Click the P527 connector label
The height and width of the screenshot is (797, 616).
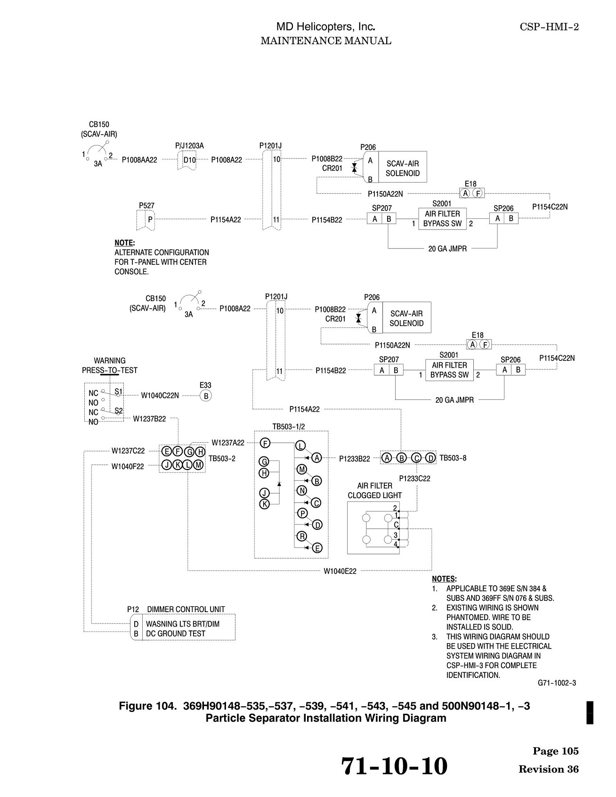click(x=146, y=206)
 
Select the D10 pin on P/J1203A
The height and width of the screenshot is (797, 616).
click(x=189, y=160)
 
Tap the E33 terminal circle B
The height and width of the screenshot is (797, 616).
click(x=206, y=396)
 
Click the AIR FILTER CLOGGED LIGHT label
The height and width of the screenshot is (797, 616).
click(x=375, y=490)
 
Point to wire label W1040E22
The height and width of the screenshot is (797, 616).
click(x=340, y=571)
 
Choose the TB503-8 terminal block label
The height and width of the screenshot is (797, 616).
click(x=453, y=458)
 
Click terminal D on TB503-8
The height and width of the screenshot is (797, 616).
click(x=430, y=458)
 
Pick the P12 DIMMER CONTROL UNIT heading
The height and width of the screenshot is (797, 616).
click(x=176, y=609)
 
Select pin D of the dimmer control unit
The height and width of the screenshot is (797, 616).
click(x=136, y=624)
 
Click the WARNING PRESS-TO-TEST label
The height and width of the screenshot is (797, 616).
click(x=110, y=366)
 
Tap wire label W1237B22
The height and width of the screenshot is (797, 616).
click(x=149, y=418)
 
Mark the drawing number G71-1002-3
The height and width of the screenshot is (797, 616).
click(x=557, y=683)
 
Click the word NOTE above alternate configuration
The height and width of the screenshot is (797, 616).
click(x=124, y=243)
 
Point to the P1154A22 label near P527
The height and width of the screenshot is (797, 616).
click(x=226, y=219)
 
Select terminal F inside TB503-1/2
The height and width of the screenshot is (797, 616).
click(x=265, y=443)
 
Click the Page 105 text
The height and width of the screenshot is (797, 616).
click(x=556, y=751)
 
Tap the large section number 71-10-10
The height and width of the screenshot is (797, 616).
click(x=394, y=765)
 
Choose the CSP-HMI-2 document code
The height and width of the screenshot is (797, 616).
click(x=549, y=27)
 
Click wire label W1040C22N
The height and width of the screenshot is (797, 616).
click(x=160, y=395)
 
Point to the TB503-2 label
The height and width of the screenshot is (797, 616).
click(x=222, y=458)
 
